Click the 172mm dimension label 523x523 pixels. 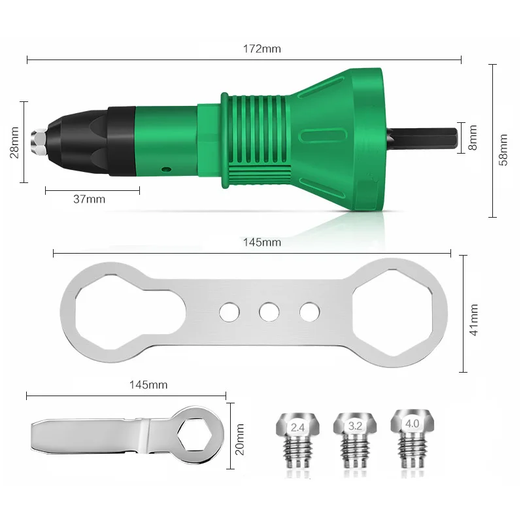coord(262,49)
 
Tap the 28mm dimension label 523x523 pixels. coord(14,142)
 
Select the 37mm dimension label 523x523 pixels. coord(89,199)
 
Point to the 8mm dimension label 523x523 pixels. coord(473,137)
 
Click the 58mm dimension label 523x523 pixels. coord(503,150)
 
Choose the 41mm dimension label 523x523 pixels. coord(473,320)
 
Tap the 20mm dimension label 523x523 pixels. coord(239,439)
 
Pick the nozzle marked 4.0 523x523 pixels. coord(413,437)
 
